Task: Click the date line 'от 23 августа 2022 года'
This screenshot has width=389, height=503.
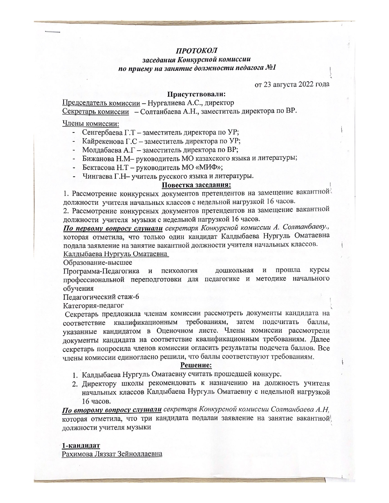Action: pos(292,84)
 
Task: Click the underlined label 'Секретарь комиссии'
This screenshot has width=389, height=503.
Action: pos(95,111)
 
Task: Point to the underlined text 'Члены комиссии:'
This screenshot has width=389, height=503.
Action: pos(90,123)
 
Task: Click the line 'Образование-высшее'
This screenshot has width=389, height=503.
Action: pos(97,262)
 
